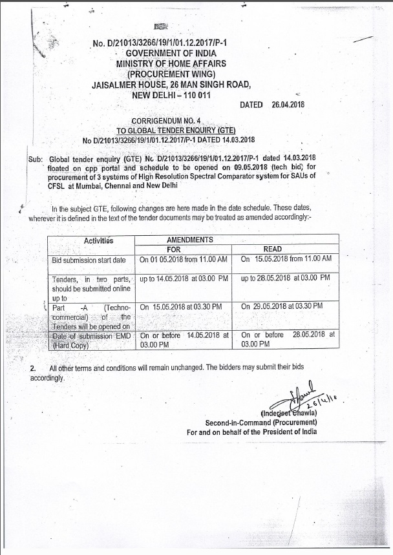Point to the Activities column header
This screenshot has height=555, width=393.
(x=98, y=241)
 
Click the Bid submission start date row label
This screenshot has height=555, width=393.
(x=89, y=260)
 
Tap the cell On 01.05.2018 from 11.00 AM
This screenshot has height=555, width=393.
(x=184, y=258)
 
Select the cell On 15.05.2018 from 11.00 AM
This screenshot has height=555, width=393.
(x=286, y=258)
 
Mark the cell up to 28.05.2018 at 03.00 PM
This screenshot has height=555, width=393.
(x=285, y=278)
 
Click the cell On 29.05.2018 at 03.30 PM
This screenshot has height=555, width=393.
(x=282, y=306)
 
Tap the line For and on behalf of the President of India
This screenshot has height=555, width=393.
(x=252, y=432)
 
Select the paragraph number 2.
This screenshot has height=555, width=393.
(x=33, y=368)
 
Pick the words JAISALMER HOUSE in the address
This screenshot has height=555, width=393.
(x=124, y=84)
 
